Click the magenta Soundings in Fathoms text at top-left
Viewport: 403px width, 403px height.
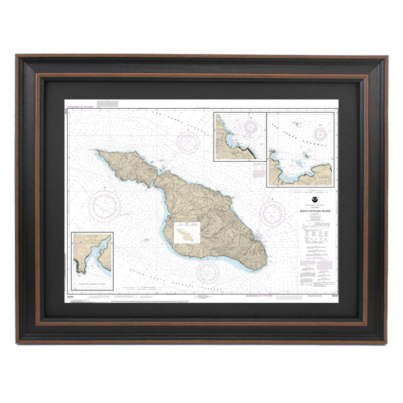coord(81,105)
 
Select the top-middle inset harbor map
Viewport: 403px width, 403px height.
coord(239,137)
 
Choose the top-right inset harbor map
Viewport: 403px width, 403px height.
coord(300,149)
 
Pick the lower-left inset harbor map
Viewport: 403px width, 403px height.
coord(92,261)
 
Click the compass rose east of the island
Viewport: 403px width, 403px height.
coord(273,214)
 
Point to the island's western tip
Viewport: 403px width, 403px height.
coord(98,152)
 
